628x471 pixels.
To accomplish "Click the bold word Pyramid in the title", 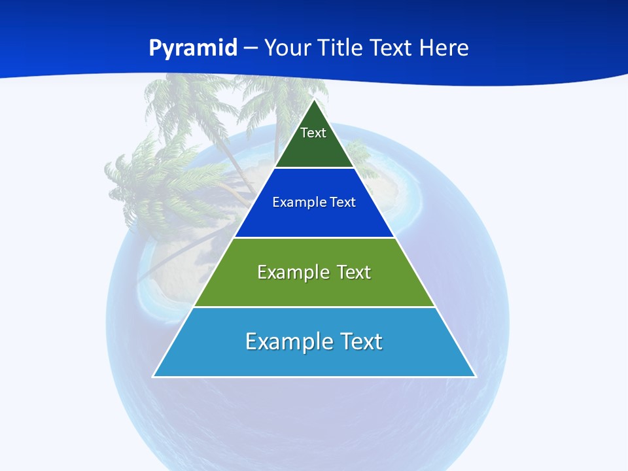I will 192,48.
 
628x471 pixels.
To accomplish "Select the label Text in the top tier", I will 313,133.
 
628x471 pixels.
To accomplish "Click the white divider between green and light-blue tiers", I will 314,307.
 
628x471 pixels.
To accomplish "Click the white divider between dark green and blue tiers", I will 314,168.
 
